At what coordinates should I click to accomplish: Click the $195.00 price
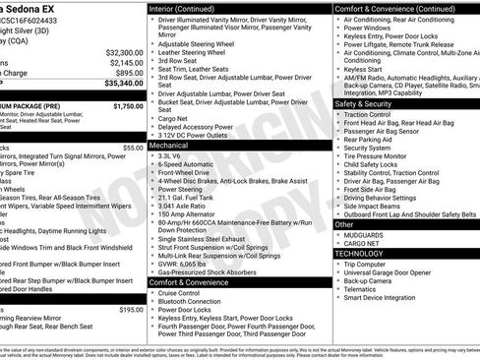tap(130, 309)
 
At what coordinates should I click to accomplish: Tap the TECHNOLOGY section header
tap(360, 253)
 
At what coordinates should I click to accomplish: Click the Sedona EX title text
tap(33, 7)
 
